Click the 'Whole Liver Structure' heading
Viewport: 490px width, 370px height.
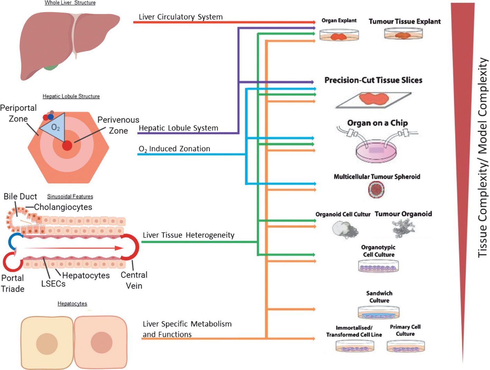pos(70,3)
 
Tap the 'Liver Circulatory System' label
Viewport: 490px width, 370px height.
pos(180,17)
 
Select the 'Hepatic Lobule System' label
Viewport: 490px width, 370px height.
pos(178,128)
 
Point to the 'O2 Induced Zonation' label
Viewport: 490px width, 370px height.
pos(174,149)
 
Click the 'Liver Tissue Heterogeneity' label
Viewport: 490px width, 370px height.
pos(188,235)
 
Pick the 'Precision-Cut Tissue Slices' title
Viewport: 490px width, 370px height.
pos(373,80)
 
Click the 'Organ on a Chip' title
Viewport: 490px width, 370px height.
pos(377,123)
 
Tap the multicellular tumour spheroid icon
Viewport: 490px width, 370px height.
pos(376,189)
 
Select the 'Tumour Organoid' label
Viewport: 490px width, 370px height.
pos(403,214)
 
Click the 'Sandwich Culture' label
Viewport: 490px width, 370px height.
pos(379,297)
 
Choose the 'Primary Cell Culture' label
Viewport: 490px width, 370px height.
pos(405,330)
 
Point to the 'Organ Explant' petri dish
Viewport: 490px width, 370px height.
pos(339,35)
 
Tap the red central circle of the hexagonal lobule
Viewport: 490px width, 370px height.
pos(67,146)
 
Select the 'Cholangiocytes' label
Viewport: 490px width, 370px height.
pos(63,207)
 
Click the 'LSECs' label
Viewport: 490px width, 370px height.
pos(53,284)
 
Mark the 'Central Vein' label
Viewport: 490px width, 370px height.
pos(134,280)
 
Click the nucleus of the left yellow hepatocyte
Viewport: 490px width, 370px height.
pos(47,344)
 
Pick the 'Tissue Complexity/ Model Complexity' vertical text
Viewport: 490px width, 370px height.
pos(482,157)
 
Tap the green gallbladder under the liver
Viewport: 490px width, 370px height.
pos(50,67)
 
